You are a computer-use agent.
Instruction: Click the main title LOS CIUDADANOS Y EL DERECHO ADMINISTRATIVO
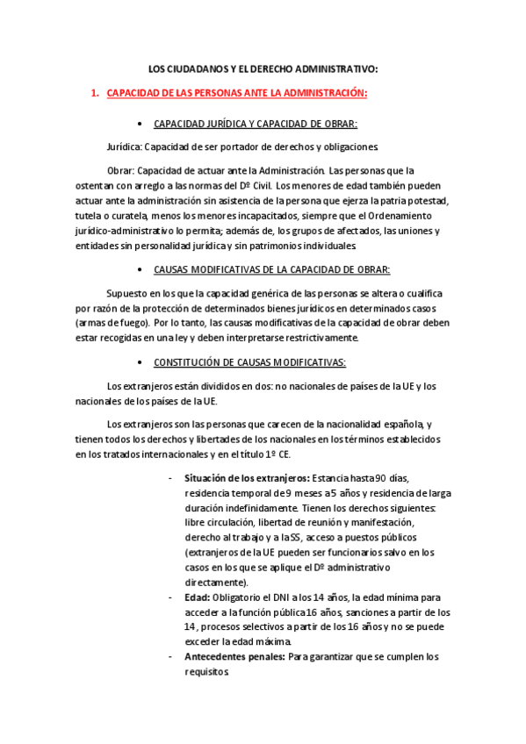point(263,68)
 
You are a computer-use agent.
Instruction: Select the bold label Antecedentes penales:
point(234,657)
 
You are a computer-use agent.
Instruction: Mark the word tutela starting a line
point(90,215)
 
